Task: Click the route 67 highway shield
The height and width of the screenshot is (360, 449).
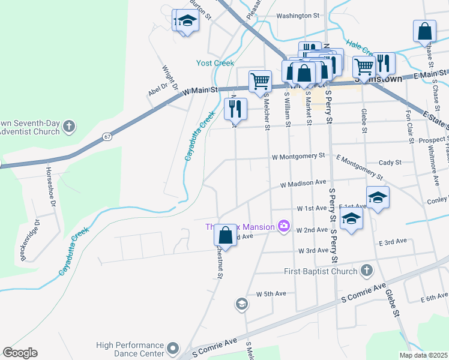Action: (x=106, y=137)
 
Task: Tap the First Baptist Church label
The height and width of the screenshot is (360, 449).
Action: (x=322, y=271)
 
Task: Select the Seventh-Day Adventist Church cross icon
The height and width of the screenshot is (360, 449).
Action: (x=70, y=127)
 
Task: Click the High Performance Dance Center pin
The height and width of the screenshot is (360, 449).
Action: (x=173, y=348)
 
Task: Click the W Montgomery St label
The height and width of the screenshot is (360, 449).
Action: (x=298, y=155)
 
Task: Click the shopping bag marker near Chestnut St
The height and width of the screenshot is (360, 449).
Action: (x=225, y=236)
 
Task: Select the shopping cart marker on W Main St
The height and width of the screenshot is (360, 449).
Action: (x=260, y=81)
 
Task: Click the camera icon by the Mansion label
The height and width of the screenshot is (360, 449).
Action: (x=284, y=227)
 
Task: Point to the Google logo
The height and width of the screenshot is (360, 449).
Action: (x=20, y=353)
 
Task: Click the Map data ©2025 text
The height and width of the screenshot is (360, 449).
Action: (x=423, y=355)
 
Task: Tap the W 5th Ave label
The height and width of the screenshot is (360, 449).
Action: (x=271, y=294)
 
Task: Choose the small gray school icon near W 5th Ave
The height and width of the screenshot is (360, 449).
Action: (x=241, y=304)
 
